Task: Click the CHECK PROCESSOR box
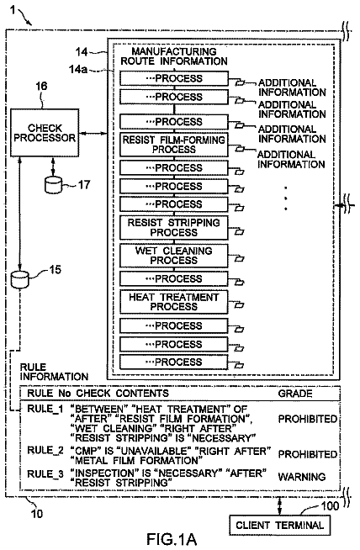point(45,133)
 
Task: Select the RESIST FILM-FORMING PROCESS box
point(174,145)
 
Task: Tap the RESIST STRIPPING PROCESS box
point(174,228)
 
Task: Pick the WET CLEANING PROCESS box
point(174,256)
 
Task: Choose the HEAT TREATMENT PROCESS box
point(174,302)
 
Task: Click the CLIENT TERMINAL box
point(279,525)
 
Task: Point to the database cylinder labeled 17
point(53,185)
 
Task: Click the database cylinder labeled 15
point(19,279)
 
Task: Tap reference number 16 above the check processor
point(41,87)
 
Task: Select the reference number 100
point(330,505)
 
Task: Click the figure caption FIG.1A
point(172,539)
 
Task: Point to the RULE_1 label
point(45,409)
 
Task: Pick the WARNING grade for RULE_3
point(301,477)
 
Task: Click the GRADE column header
point(295,394)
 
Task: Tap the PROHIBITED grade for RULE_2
point(307,454)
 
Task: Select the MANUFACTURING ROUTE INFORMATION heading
point(174,56)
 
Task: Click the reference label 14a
point(78,69)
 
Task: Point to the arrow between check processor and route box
point(93,133)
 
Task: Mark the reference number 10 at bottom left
point(37,514)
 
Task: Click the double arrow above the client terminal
point(279,506)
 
